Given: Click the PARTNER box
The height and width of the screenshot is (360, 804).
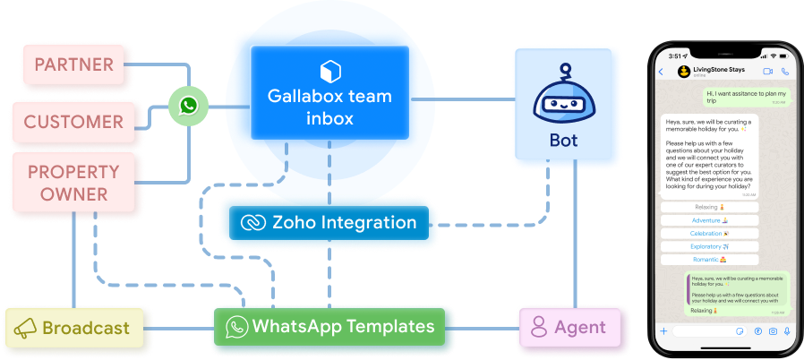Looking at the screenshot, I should tap(74, 65).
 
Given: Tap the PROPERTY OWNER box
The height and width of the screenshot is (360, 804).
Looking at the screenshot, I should tap(74, 183).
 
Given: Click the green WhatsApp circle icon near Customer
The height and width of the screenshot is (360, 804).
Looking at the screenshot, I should tap(188, 107).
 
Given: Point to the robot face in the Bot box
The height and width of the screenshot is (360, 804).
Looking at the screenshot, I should tap(563, 101).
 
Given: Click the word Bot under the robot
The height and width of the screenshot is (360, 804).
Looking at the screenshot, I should tap(563, 141).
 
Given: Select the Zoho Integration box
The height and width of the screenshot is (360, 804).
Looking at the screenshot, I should tap(329, 222).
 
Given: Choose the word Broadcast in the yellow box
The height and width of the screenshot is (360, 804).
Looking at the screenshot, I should tap(87, 329).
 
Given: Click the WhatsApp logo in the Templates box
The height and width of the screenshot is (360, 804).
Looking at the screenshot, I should tap(236, 326).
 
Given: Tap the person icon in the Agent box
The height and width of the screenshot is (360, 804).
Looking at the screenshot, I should tap(539, 327).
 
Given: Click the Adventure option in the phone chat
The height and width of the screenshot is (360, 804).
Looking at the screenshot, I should tap(709, 219).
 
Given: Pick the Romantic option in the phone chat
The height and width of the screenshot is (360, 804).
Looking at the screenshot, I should tap(709, 258).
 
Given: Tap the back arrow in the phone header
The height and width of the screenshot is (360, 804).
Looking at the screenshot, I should tap(661, 71).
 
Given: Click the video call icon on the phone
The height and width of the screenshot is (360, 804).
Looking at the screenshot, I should tap(767, 71).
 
